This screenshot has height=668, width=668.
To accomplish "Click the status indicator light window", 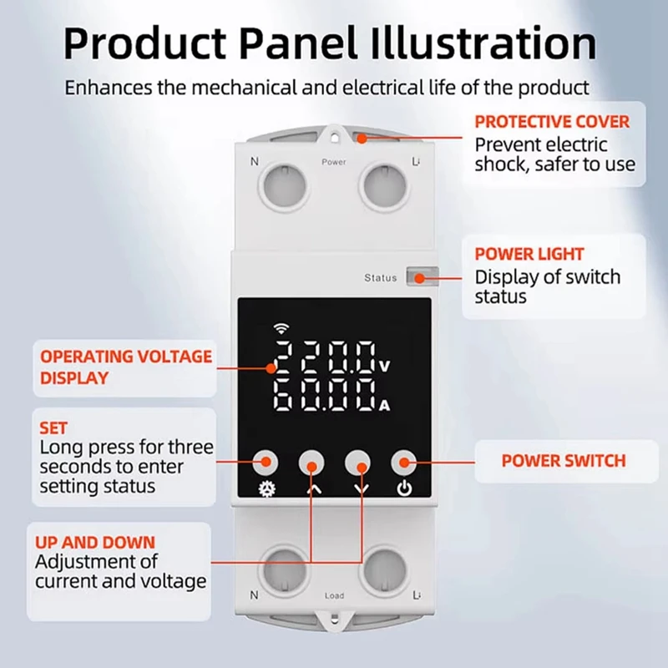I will (x=414, y=277).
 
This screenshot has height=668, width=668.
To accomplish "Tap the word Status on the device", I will (x=381, y=278).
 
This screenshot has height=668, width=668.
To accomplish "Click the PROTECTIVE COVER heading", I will (x=551, y=122).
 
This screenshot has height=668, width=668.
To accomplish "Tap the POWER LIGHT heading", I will (x=529, y=254).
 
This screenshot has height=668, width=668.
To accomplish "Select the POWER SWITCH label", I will (x=563, y=461).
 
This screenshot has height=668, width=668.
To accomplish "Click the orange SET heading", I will (x=53, y=428).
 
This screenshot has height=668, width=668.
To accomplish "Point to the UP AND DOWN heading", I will (x=95, y=542).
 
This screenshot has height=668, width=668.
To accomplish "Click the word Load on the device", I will (x=334, y=595).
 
